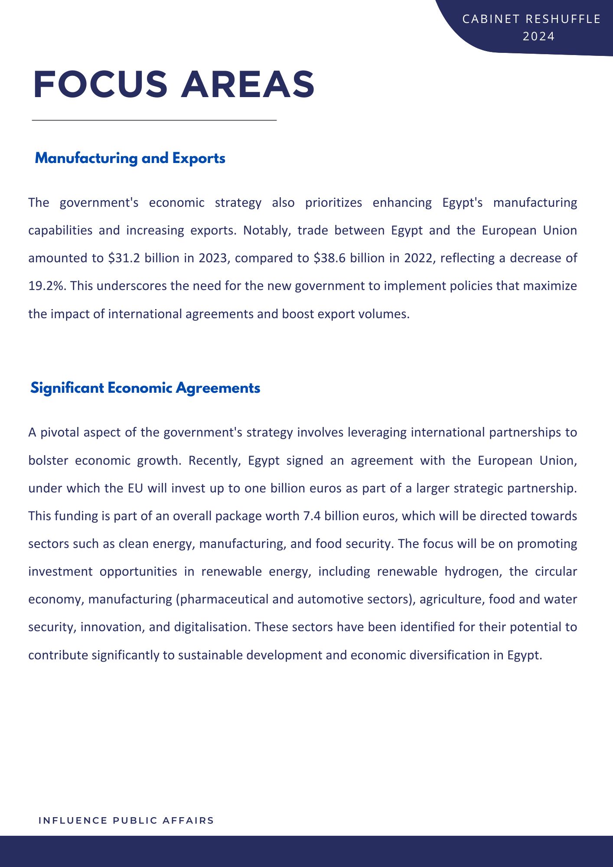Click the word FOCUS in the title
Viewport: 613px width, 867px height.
pos(100,85)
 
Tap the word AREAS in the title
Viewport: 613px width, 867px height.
pos(248,85)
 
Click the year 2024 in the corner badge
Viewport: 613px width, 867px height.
pos(538,36)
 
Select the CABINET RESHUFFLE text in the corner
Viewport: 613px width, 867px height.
pos(531,19)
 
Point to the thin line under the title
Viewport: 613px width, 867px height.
pos(154,120)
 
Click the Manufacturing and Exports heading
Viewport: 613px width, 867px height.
pos(130,158)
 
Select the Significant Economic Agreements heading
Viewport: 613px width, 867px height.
pos(145,388)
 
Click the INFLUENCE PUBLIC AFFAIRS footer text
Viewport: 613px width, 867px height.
pos(126,821)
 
